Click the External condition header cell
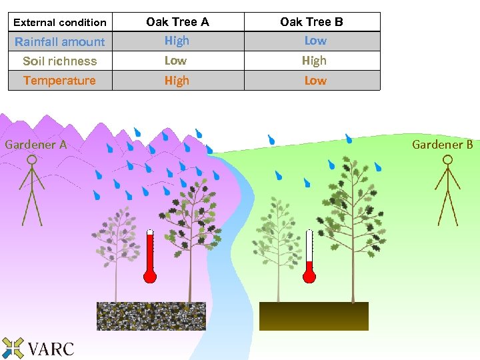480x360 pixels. [x=60, y=22]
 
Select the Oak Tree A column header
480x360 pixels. [x=177, y=22]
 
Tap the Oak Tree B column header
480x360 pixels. [x=311, y=22]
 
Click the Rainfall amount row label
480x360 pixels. [x=60, y=41]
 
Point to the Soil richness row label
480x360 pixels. [x=60, y=61]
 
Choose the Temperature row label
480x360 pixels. [x=60, y=81]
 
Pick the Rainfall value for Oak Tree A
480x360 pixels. [x=177, y=41]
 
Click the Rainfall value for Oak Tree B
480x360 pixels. [x=315, y=41]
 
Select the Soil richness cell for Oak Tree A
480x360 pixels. [x=176, y=61]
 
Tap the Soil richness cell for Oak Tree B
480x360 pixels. [x=314, y=61]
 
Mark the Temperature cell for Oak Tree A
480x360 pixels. [x=177, y=81]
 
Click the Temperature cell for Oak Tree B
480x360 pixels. [x=315, y=81]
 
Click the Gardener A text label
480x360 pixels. [x=36, y=144]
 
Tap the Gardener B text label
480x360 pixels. [x=443, y=144]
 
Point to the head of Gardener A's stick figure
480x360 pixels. [x=30, y=160]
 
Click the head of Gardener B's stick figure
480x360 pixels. [x=448, y=160]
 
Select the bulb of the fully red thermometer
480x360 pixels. [x=150, y=276]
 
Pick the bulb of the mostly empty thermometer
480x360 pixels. [x=309, y=276]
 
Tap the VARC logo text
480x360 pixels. [x=51, y=348]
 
